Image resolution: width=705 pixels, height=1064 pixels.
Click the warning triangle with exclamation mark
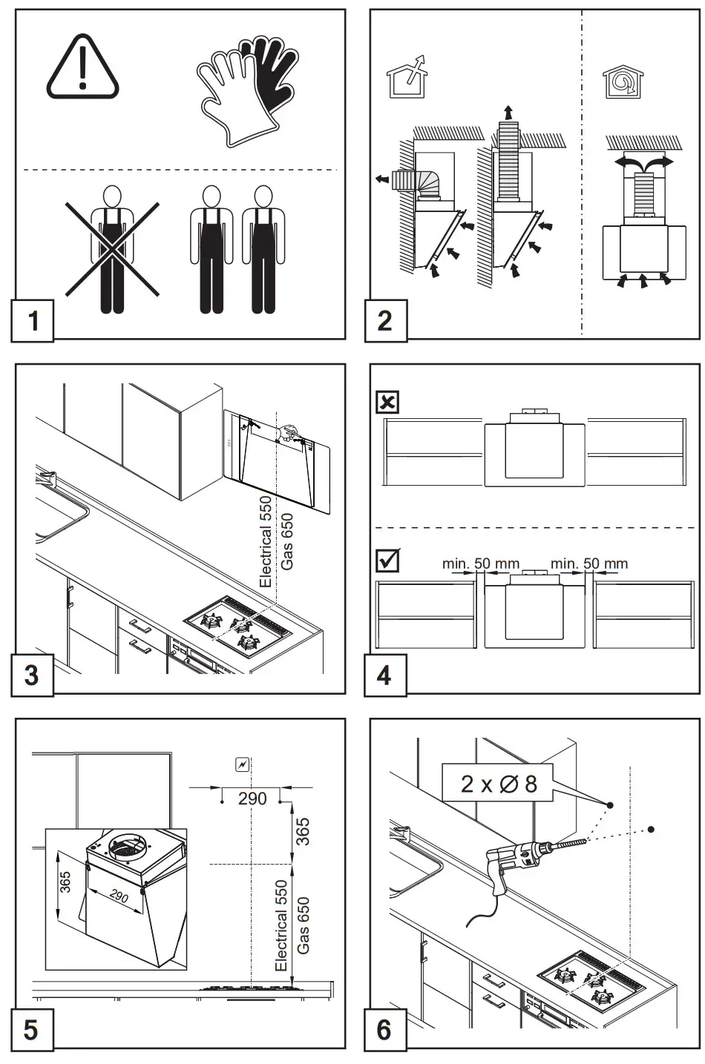(x=82, y=67)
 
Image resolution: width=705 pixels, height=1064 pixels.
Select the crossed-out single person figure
(x=111, y=249)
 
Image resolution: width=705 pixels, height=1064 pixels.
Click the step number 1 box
(x=32, y=320)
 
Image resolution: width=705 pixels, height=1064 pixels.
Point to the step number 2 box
(x=385, y=320)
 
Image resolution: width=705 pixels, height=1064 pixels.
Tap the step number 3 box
(x=32, y=675)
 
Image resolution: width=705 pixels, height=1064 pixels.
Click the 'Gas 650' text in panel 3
(x=287, y=541)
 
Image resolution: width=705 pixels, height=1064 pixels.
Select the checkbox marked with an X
(x=387, y=403)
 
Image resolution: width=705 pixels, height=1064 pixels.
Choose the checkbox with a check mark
(x=387, y=561)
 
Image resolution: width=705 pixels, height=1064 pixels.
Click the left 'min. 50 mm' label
(x=481, y=564)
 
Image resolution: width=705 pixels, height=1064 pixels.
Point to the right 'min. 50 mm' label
(x=589, y=564)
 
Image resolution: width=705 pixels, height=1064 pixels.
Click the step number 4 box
(x=385, y=675)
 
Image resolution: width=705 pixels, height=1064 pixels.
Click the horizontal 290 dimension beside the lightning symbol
(x=252, y=799)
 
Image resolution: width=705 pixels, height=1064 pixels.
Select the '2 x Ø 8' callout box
(x=498, y=784)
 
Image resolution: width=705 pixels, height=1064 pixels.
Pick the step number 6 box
(x=385, y=1030)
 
